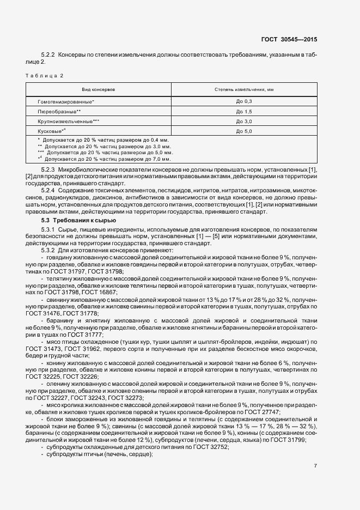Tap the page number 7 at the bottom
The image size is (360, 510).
(x=316, y=465)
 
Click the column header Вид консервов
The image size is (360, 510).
(x=99, y=88)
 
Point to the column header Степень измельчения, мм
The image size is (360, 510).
(x=243, y=88)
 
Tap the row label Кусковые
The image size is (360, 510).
(x=52, y=131)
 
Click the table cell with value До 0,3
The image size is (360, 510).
(x=243, y=102)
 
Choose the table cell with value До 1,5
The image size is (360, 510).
(x=243, y=112)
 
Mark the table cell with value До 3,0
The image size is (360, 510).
(x=243, y=122)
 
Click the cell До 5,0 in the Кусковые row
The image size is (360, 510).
(x=243, y=131)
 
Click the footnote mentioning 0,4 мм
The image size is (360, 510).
(x=102, y=141)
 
